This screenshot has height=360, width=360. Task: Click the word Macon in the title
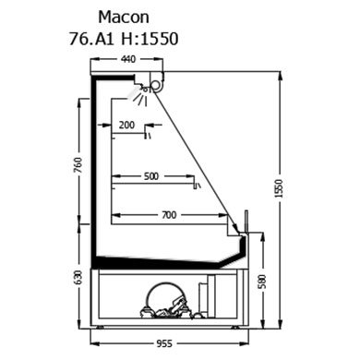[x=124, y=18]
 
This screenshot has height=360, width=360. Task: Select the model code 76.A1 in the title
[x=91, y=39]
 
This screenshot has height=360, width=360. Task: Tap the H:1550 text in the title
[x=150, y=39]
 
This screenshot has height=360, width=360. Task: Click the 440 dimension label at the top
[x=128, y=59]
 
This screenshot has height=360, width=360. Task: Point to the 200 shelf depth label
[x=127, y=125]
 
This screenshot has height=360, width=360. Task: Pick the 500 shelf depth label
[x=151, y=176]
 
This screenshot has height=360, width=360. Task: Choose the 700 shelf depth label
[x=169, y=215]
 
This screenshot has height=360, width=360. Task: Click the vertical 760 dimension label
[x=79, y=164]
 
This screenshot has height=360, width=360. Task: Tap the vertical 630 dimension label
[x=78, y=278]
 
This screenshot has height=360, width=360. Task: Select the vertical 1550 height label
[x=279, y=188]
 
